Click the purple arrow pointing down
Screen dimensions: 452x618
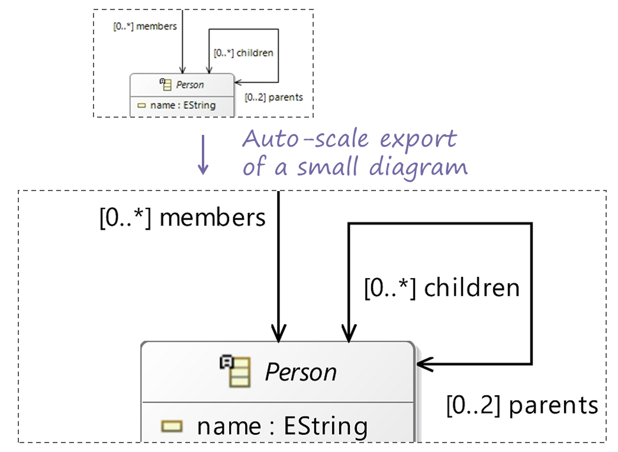point(203,155)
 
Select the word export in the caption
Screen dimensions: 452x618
point(418,140)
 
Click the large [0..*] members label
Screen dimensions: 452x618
point(182,218)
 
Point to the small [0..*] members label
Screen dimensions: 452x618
point(145,26)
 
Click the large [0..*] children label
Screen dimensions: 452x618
point(442,288)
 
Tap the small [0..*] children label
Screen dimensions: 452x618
point(243,53)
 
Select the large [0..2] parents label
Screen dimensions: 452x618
point(522,406)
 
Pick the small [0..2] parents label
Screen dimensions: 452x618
point(273,97)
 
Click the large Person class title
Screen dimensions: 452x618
point(301,373)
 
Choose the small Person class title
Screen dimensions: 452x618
point(190,85)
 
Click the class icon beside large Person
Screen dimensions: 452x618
point(236,371)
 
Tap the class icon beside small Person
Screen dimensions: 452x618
point(166,84)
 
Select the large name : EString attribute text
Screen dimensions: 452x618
point(282,426)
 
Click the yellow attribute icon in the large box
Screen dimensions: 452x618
point(172,425)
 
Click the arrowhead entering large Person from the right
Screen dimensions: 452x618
point(424,363)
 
